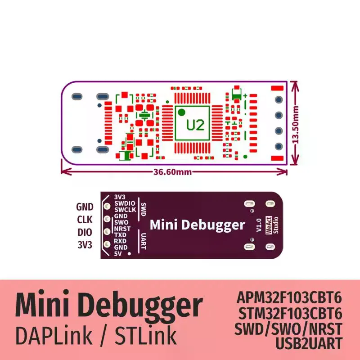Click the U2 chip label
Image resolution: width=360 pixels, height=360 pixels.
[195, 125]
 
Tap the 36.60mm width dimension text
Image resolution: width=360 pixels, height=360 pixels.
[172, 171]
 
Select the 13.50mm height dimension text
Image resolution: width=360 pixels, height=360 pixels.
[296, 123]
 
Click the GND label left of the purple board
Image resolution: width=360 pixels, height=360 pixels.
[85, 207]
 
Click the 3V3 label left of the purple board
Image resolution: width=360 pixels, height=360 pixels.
[85, 245]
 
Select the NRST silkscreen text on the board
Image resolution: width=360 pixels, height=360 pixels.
[123, 229]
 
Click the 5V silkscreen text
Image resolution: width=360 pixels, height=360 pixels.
[118, 254]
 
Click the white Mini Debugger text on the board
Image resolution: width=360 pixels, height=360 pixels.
[197, 225]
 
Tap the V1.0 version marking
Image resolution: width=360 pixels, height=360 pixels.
[258, 225]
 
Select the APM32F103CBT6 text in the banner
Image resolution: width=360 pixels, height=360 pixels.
[289, 298]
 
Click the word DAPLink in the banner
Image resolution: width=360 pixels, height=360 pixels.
[58, 335]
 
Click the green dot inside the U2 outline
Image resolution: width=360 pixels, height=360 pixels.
[181, 112]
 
